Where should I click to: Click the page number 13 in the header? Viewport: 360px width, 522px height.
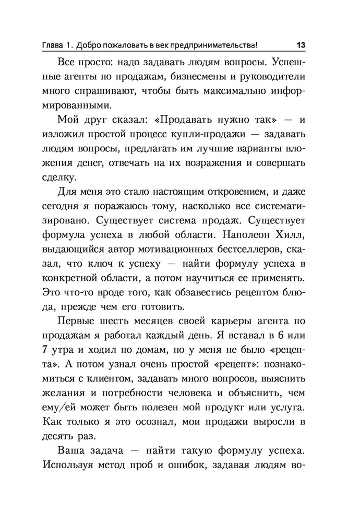(x=301, y=45)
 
